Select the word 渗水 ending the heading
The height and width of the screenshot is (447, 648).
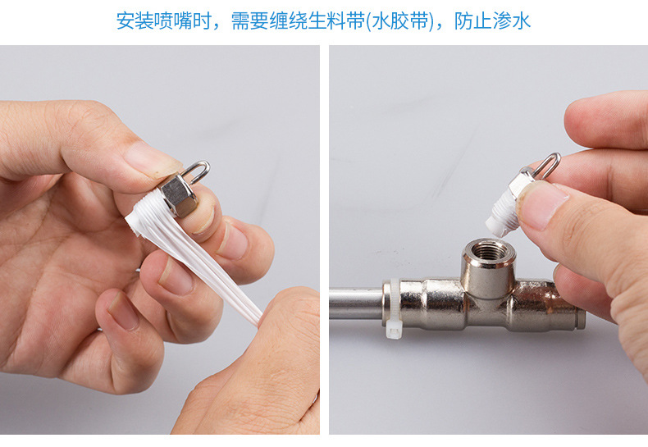[x=511, y=21]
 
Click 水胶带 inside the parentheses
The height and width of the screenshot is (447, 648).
[x=400, y=21]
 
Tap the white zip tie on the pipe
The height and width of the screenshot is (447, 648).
[x=393, y=308]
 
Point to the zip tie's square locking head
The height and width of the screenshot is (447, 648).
[x=394, y=331]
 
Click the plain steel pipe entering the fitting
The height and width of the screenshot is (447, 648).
[x=356, y=304]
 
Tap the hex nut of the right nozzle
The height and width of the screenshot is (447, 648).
[x=521, y=181]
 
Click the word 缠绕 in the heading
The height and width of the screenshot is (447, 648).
[x=289, y=21]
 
